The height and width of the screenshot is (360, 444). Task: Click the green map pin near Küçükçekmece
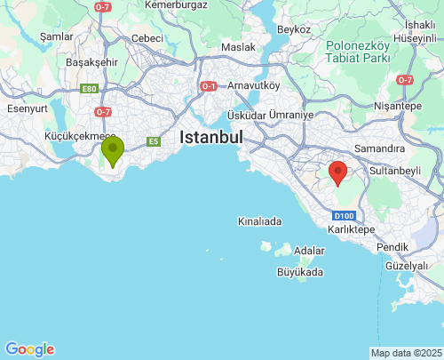click(113, 150)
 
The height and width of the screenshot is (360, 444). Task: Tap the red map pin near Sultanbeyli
click(337, 172)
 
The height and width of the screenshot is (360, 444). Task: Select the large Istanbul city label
click(210, 138)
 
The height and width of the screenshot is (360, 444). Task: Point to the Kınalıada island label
click(259, 221)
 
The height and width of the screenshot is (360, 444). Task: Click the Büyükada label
click(299, 272)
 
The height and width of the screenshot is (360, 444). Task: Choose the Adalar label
click(309, 251)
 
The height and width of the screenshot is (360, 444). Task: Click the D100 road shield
click(345, 216)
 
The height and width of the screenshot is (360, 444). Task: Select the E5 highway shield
click(154, 140)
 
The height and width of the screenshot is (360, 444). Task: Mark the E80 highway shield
click(89, 89)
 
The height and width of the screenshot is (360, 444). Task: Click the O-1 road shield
click(209, 86)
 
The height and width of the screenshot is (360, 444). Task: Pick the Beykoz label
click(294, 29)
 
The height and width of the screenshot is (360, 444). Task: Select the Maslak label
click(238, 46)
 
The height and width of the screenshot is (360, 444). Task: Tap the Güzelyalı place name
click(407, 266)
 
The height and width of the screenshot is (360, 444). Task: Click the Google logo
click(29, 349)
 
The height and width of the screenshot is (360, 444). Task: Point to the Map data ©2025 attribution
click(406, 353)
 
